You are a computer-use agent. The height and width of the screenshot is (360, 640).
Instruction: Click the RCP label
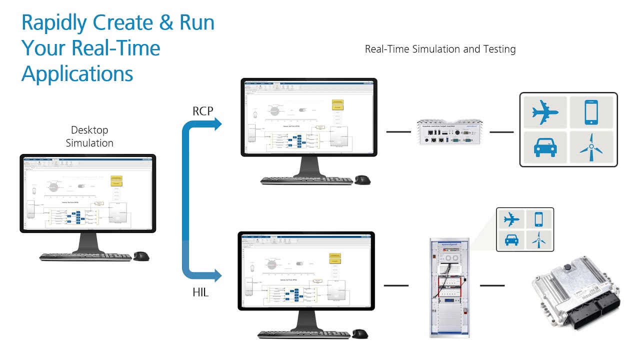pyautogui.click(x=203, y=111)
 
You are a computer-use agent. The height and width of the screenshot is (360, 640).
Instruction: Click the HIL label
pyautogui.click(x=200, y=292)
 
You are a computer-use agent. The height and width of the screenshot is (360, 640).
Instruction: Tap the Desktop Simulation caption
pyautogui.click(x=89, y=136)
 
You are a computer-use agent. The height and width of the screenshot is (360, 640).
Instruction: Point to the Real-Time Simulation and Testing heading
pyautogui.click(x=440, y=49)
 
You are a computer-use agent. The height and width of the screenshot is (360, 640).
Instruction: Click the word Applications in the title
pyautogui.click(x=77, y=73)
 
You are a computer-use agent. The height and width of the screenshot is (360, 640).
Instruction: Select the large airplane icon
pyautogui.click(x=545, y=112)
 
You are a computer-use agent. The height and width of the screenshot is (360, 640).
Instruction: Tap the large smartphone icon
pyautogui.click(x=591, y=112)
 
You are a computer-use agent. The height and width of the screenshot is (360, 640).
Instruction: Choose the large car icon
pyautogui.click(x=545, y=146)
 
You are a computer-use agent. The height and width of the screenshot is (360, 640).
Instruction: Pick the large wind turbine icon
pyautogui.click(x=591, y=146)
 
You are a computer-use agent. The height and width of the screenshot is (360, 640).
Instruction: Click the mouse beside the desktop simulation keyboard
pyautogui.click(x=141, y=256)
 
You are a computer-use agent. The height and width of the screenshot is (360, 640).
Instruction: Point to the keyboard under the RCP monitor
pyautogui.click(x=306, y=180)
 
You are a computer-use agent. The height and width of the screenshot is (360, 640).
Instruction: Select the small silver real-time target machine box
pyautogui.click(x=450, y=132)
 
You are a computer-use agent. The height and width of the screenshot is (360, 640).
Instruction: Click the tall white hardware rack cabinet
pyautogui.click(x=449, y=287)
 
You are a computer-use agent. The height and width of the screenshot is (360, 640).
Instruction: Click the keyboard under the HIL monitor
pyautogui.click(x=303, y=333)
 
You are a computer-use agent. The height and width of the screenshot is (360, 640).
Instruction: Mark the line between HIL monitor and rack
pyautogui.click(x=396, y=285)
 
